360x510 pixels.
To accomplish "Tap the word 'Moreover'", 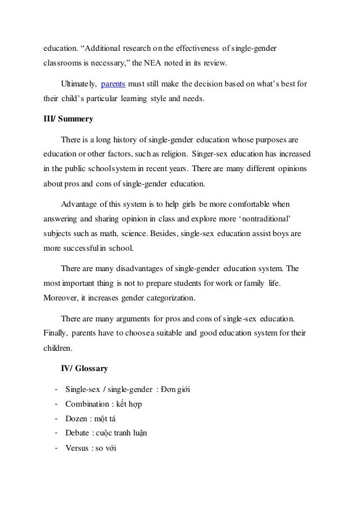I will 61,312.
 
